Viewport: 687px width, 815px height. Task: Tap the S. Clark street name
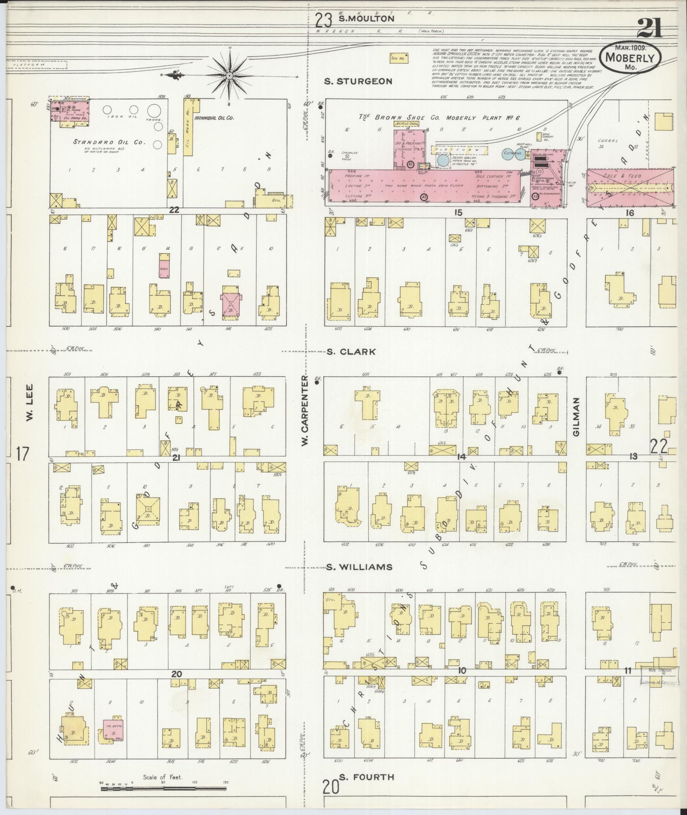(351, 352)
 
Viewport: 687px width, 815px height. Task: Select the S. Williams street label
(359, 567)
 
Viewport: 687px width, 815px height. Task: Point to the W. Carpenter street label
(305, 411)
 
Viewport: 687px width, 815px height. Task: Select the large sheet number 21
(650, 29)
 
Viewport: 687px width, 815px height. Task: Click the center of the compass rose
(230, 76)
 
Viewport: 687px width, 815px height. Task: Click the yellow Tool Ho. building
(399, 58)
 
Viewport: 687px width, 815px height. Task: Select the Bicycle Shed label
(407, 124)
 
